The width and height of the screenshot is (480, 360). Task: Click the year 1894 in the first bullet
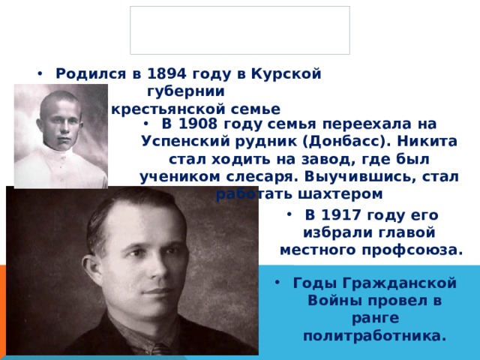(169, 73)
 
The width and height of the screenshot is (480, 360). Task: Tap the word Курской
(288, 73)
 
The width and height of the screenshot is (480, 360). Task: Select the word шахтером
(348, 193)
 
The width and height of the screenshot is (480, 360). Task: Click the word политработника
(374, 335)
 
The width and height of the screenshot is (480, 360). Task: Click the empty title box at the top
(239, 30)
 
